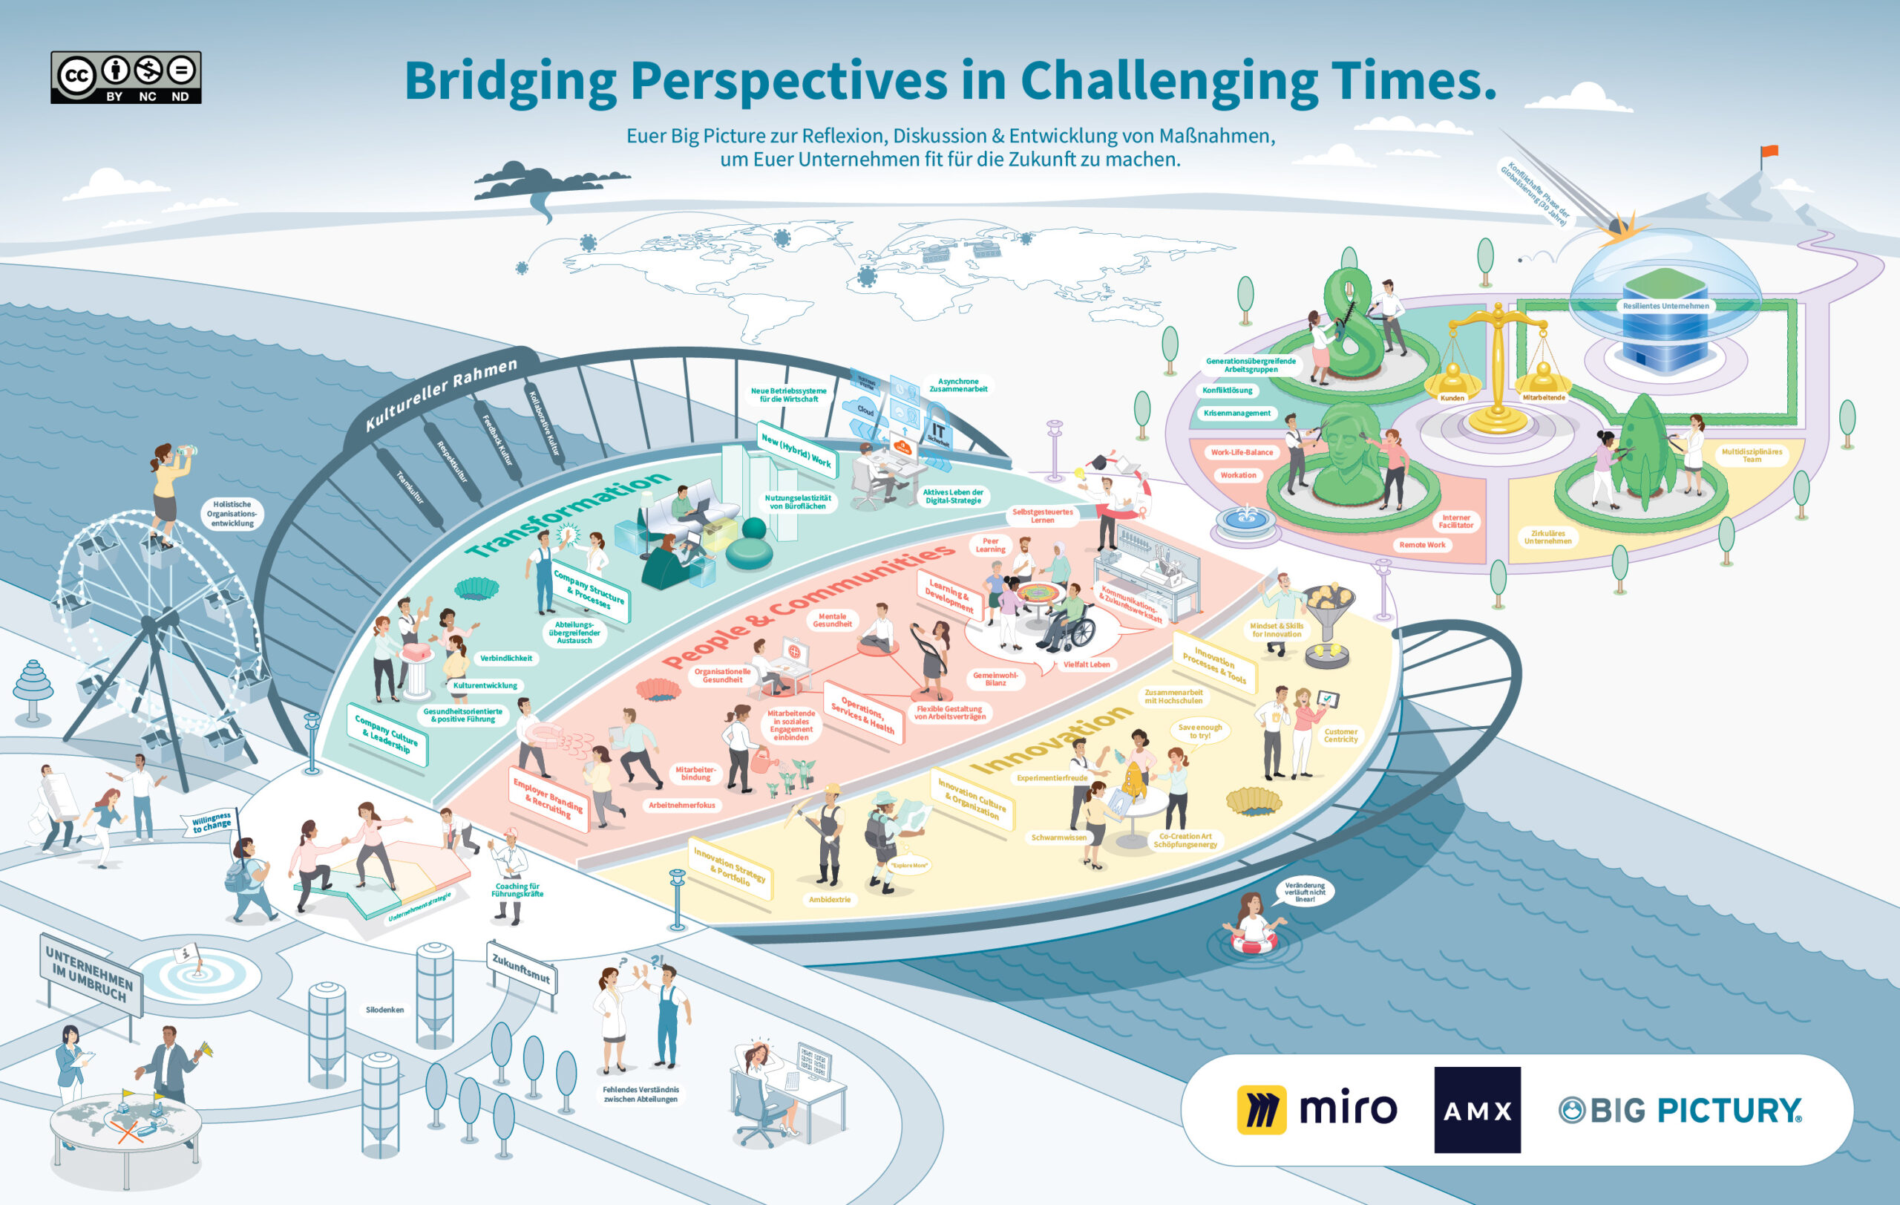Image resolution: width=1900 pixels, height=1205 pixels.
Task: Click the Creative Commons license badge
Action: click(126, 77)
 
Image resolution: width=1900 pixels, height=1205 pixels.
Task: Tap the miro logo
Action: click(1316, 1109)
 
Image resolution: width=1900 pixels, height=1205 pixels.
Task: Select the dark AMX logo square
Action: click(1477, 1109)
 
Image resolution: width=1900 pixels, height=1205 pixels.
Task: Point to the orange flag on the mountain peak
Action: click(1769, 151)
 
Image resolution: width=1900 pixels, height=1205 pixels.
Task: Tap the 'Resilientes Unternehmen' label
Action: click(1665, 306)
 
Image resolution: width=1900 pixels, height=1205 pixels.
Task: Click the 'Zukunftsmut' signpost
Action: click(521, 969)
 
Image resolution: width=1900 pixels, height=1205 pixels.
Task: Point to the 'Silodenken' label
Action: click(385, 1009)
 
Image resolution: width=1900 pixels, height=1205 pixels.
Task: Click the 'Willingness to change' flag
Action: click(212, 823)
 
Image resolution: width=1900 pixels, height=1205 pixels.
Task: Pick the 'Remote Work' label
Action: click(1422, 544)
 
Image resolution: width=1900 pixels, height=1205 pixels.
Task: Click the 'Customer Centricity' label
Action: click(1340, 736)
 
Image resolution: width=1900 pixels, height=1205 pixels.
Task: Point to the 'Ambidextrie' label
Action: click(829, 900)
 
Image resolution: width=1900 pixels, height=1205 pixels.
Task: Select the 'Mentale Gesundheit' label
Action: click(832, 620)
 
